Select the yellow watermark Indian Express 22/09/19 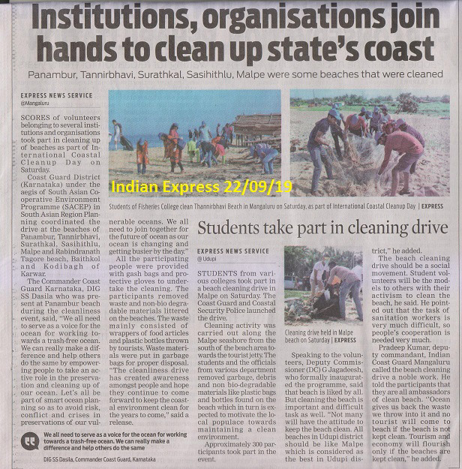pyautogui.click(x=202, y=185)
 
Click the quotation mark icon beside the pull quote pyautogui.click(x=31, y=440)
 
